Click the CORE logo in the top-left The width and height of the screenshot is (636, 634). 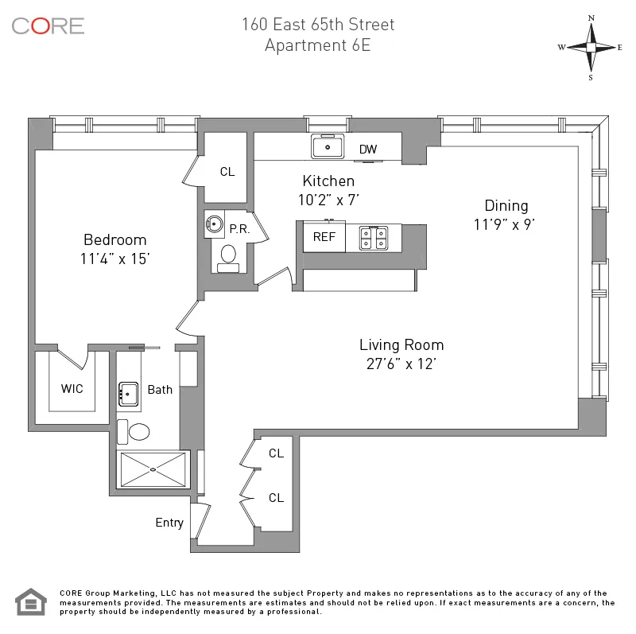tap(48, 25)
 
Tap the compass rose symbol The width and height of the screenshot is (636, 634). tap(591, 47)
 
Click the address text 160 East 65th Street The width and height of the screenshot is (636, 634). tap(318, 25)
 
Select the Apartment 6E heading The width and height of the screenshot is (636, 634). tap(318, 45)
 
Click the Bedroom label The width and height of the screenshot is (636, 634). tap(115, 240)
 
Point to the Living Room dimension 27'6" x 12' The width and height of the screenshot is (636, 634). tap(401, 365)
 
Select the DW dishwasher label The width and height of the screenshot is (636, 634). tap(368, 150)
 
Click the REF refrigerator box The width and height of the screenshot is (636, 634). tap(324, 237)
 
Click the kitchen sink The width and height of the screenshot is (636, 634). tap(327, 147)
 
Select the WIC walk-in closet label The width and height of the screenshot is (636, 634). tap(72, 389)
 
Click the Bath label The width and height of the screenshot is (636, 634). tap(160, 390)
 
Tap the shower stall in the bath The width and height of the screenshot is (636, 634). tap(153, 469)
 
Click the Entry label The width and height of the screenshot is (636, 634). tap(169, 523)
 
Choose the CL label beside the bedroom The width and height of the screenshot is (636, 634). tap(227, 172)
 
